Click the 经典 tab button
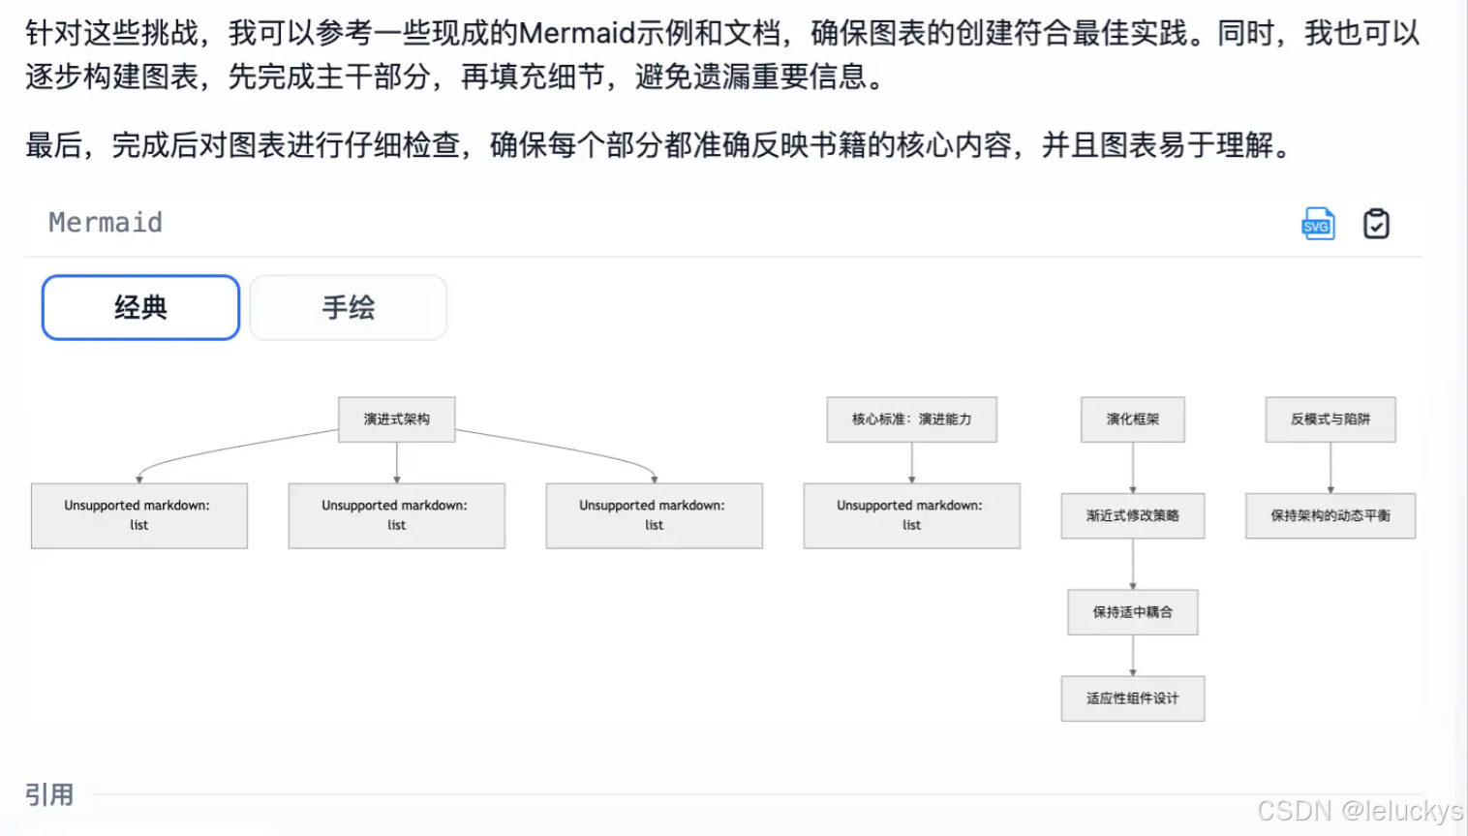click(x=140, y=308)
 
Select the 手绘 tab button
click(x=349, y=308)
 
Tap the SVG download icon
click(x=1318, y=224)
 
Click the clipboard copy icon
click(x=1376, y=224)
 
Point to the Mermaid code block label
click(x=106, y=223)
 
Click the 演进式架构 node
click(x=396, y=419)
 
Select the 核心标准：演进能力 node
click(x=911, y=419)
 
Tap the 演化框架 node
click(x=1132, y=419)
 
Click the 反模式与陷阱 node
click(x=1330, y=419)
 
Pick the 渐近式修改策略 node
click(x=1132, y=515)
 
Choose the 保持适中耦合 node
click(x=1132, y=612)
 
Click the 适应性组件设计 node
click(x=1132, y=698)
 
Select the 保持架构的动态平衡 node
click(x=1330, y=515)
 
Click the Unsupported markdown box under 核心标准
click(x=911, y=515)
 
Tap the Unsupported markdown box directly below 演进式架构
click(x=396, y=515)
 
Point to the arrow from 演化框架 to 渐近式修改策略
click(x=1133, y=468)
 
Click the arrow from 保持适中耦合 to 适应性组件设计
click(x=1133, y=656)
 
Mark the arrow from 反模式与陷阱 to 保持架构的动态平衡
click(x=1330, y=468)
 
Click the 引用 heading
click(x=49, y=795)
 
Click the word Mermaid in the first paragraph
click(x=577, y=33)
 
